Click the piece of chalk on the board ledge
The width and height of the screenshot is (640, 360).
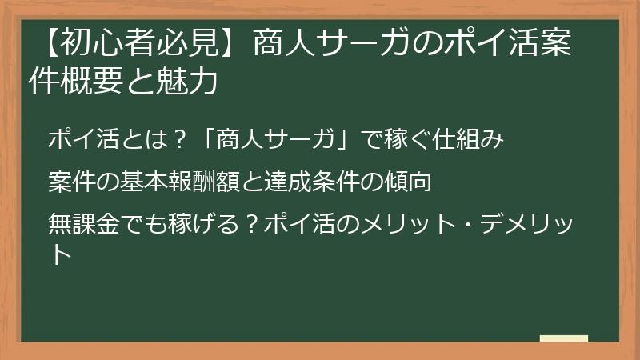563,338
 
